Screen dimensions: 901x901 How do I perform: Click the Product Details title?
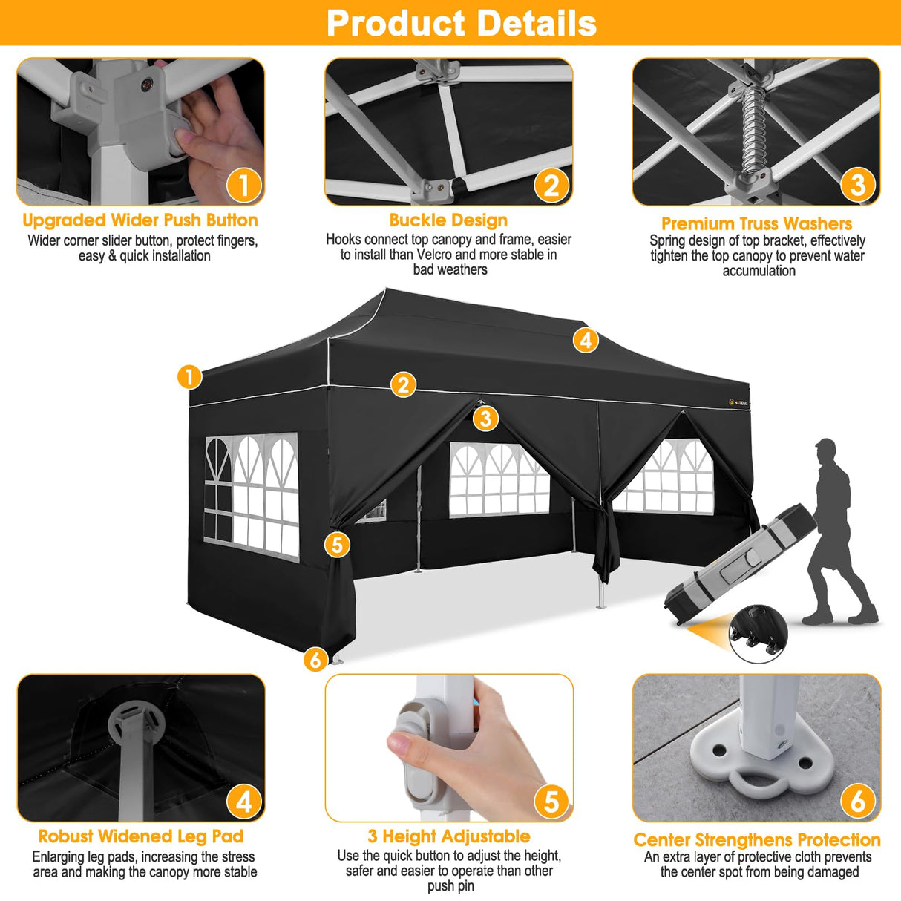tap(461, 23)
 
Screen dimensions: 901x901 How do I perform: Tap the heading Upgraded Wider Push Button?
tap(140, 220)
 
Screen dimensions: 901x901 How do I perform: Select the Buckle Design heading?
tap(448, 220)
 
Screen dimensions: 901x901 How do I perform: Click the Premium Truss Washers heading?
tap(756, 223)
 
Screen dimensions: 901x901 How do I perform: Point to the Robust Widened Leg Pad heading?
tap(141, 836)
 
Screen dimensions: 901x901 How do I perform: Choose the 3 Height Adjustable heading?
tap(449, 836)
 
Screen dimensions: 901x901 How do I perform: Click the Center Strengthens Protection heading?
tap(756, 840)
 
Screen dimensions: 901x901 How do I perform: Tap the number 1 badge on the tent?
tap(190, 377)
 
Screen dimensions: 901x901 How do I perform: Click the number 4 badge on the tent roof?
tap(586, 340)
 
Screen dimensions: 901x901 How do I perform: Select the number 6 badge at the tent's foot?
tap(315, 659)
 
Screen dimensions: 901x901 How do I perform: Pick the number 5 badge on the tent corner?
tap(337, 545)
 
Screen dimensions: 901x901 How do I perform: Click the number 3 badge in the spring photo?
tap(857, 184)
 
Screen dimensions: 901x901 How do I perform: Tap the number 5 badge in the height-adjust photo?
tap(551, 802)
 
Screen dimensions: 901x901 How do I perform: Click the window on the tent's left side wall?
tap(252, 495)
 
